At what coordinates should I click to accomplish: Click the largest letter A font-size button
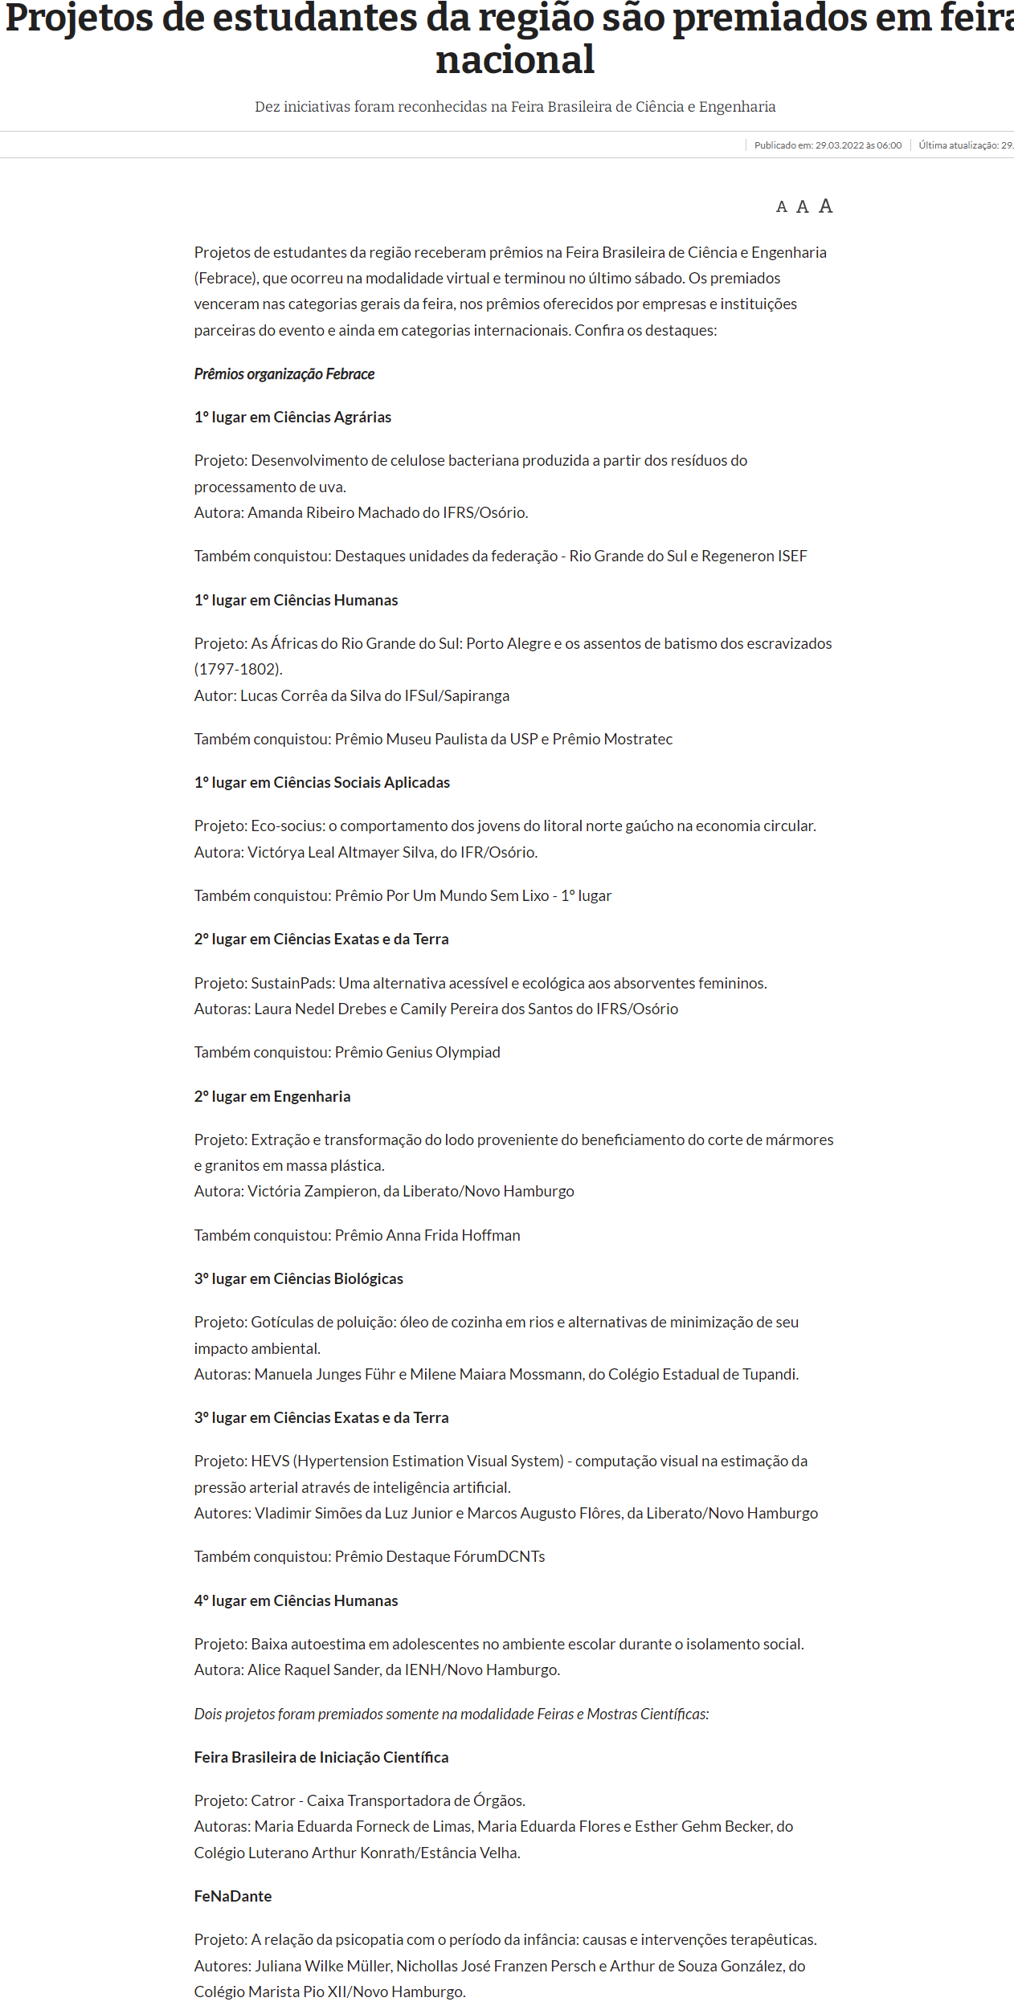click(825, 206)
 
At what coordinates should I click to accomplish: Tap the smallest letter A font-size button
click(781, 207)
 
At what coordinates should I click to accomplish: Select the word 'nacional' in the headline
click(515, 60)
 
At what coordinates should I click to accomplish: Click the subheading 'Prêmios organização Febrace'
click(284, 373)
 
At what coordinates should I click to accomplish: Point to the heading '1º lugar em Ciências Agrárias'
click(292, 417)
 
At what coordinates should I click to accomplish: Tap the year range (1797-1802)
click(238, 669)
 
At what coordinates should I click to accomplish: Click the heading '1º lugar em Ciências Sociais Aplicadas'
click(321, 782)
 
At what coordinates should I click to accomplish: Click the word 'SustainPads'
click(292, 983)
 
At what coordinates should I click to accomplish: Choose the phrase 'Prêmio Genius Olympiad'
click(417, 1052)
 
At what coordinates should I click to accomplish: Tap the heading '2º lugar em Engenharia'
click(272, 1096)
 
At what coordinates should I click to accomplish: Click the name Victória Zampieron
click(312, 1191)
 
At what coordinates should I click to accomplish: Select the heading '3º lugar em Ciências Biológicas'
click(298, 1278)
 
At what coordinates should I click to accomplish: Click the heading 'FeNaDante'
click(233, 1896)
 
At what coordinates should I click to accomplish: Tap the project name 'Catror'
click(273, 1800)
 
